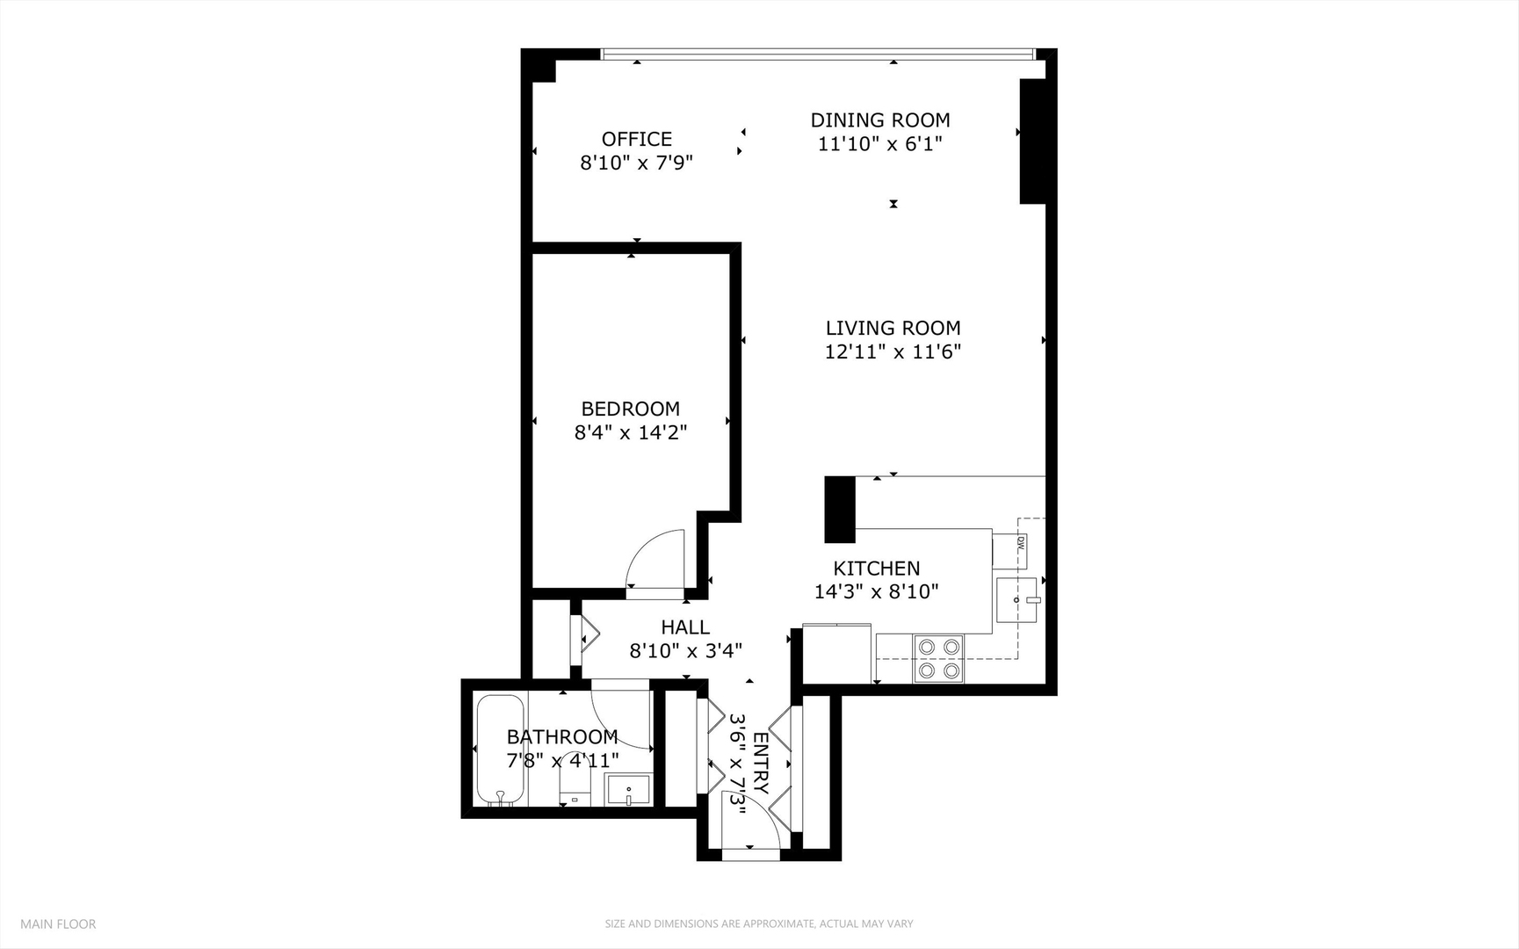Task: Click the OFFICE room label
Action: click(x=637, y=139)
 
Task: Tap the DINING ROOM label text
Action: click(x=879, y=120)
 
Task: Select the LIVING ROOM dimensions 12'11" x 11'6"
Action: click(x=893, y=352)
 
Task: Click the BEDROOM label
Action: click(x=630, y=409)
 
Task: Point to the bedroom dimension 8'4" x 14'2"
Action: click(x=630, y=432)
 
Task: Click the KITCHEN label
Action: click(x=876, y=569)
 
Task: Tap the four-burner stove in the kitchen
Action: click(x=938, y=659)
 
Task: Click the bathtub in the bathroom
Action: click(x=501, y=750)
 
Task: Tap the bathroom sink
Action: click(x=629, y=790)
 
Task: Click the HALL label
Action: click(x=685, y=627)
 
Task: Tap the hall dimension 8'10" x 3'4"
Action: click(x=685, y=651)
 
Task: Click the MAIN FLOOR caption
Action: click(x=58, y=924)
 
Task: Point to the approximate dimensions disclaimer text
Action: click(x=758, y=924)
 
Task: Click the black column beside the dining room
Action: click(x=1032, y=141)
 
